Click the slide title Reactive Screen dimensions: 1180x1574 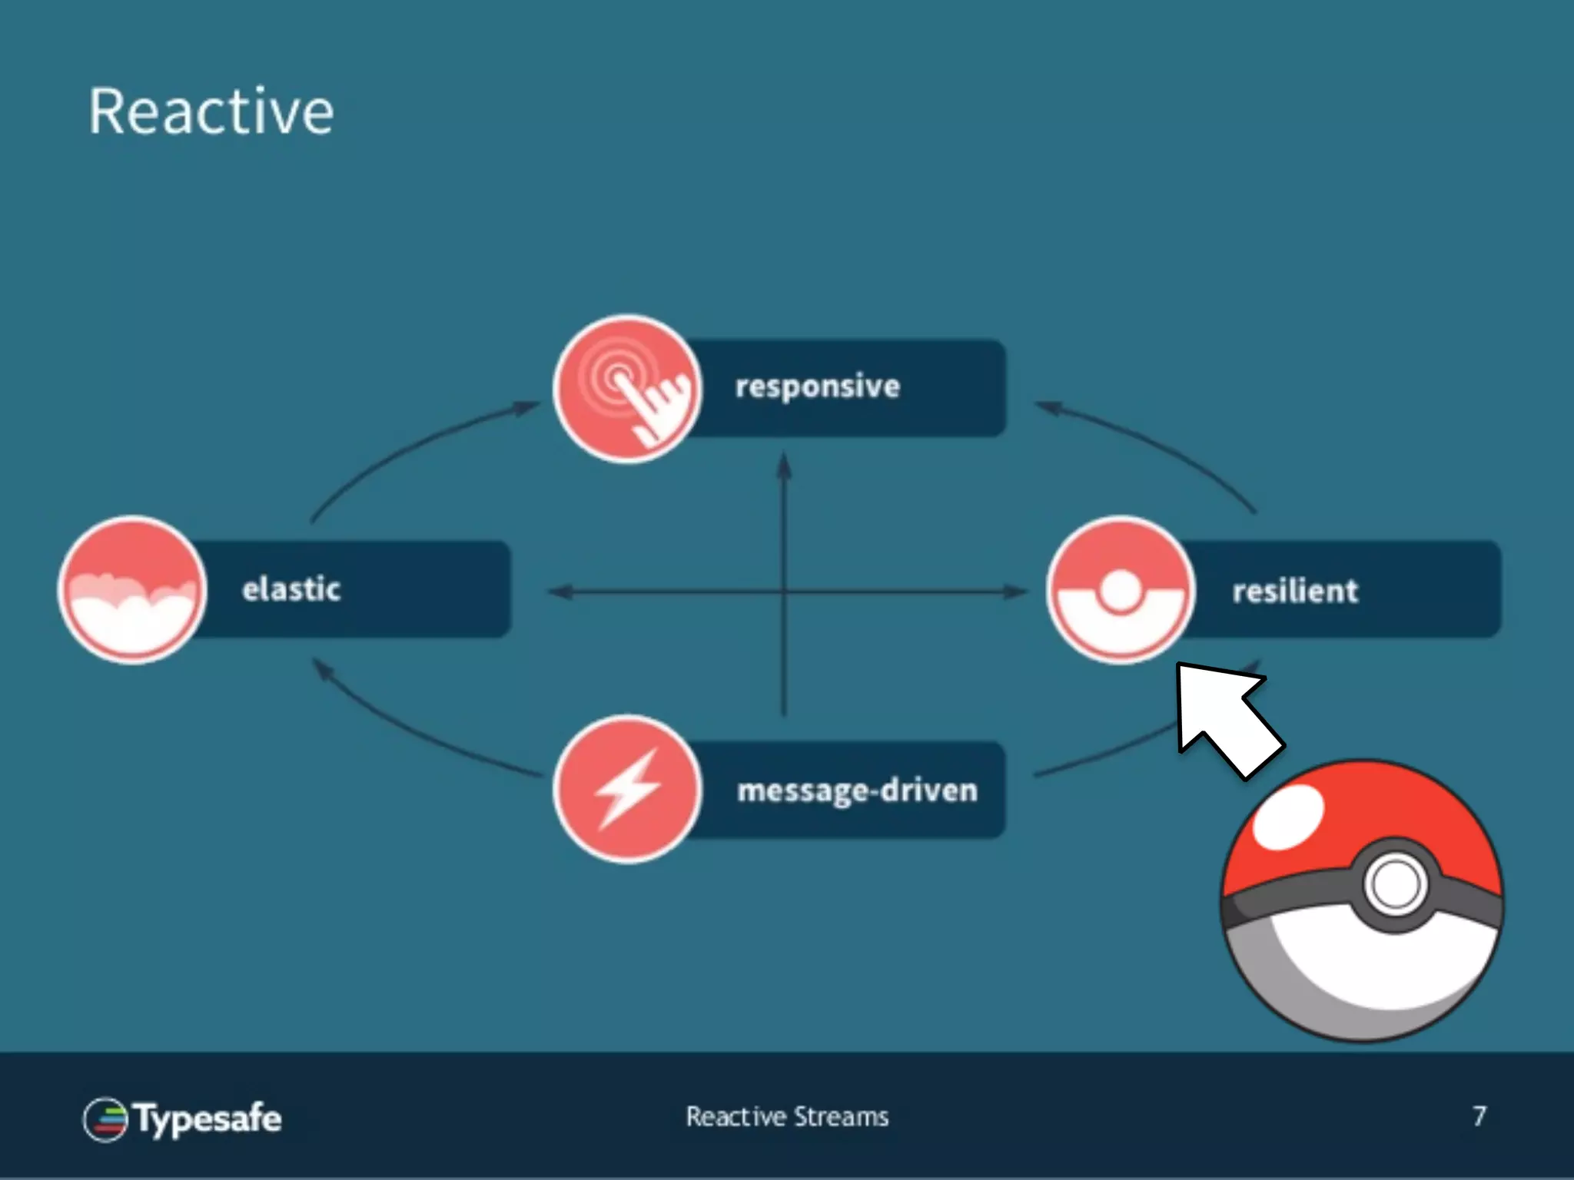pyautogui.click(x=211, y=112)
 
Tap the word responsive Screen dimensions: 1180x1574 pyautogui.click(x=817, y=386)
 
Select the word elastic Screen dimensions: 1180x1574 pyautogui.click(x=291, y=589)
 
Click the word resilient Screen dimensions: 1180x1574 pyautogui.click(x=1295, y=591)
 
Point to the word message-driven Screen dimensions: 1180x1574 pyautogui.click(x=857, y=791)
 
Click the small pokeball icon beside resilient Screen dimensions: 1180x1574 pyautogui.click(x=1121, y=590)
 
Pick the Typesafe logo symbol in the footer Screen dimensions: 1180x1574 pyautogui.click(x=105, y=1119)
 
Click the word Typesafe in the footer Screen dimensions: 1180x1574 pyautogui.click(x=208, y=1119)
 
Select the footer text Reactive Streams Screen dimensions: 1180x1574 pyautogui.click(x=787, y=1116)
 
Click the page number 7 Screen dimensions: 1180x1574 pyautogui.click(x=1479, y=1116)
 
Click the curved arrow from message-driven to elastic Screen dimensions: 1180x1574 pyautogui.click(x=415, y=730)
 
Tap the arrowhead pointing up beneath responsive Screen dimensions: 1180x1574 pyautogui.click(x=784, y=465)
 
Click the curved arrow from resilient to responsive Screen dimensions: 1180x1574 pyautogui.click(x=1153, y=446)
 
